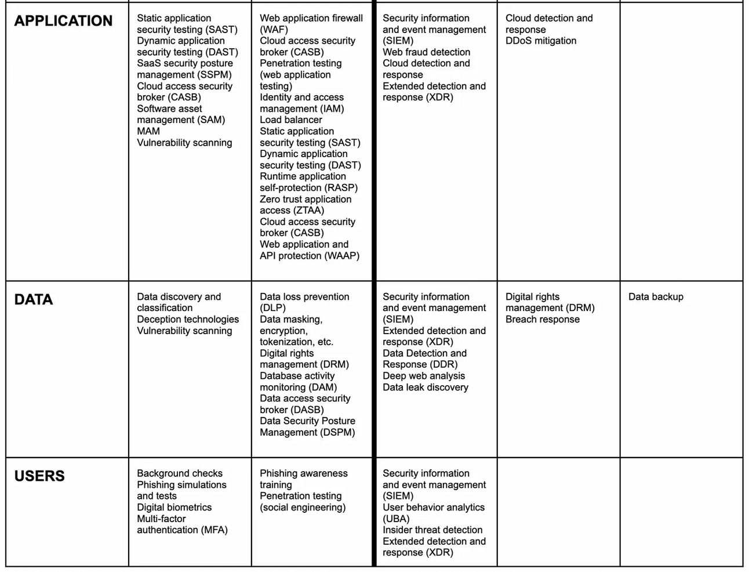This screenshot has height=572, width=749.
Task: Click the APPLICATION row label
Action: (63, 21)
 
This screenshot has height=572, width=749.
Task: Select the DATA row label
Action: (34, 300)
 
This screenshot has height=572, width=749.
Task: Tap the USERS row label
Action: (39, 476)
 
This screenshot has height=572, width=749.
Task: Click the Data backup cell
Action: (656, 297)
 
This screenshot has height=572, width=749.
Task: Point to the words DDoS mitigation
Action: (540, 41)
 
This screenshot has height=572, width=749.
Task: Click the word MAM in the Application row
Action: (148, 132)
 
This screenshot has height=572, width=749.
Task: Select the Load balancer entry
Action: (290, 120)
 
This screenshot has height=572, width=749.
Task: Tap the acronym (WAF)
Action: (274, 30)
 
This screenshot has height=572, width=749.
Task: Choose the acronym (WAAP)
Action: (342, 256)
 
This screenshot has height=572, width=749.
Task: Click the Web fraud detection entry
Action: (426, 52)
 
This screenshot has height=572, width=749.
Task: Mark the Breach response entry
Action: (542, 320)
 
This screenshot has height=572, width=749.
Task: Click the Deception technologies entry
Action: (188, 320)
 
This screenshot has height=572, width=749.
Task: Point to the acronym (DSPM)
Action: (336, 433)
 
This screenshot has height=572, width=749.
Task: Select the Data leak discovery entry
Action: (425, 388)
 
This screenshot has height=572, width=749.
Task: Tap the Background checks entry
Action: (179, 473)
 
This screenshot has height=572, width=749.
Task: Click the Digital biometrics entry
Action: (174, 508)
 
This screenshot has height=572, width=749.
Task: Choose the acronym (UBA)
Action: (396, 519)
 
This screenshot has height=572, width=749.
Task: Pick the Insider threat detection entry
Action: (432, 530)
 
